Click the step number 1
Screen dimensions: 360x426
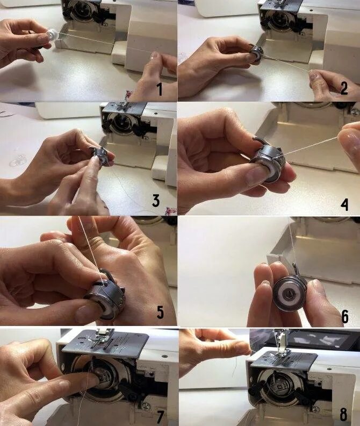160,90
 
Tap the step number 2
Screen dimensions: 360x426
344,88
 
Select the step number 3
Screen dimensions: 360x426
156,201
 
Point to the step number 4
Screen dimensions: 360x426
344,204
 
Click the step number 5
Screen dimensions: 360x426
160,312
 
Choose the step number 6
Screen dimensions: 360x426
345,316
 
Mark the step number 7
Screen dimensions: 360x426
160,417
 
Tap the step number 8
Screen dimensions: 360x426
343,415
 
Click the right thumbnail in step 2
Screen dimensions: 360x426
313,76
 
